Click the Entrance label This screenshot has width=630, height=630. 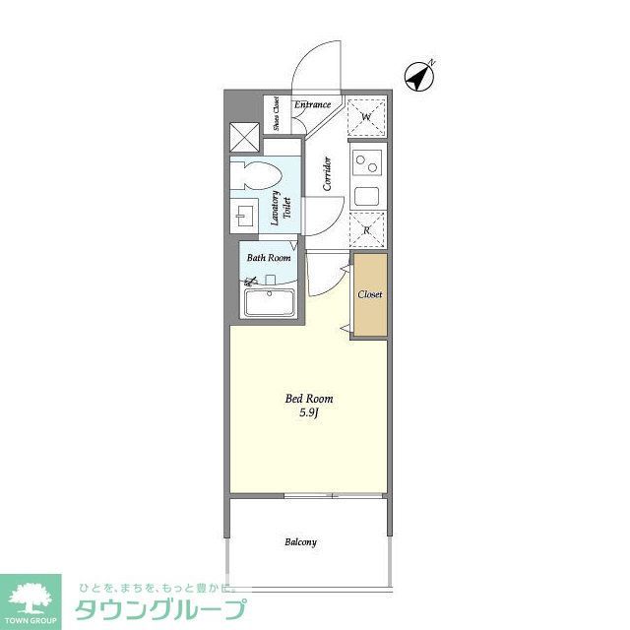[x=314, y=104]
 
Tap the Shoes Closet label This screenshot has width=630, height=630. [x=277, y=114]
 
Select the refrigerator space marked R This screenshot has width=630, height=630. [x=366, y=230]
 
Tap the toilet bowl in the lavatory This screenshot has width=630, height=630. [x=255, y=176]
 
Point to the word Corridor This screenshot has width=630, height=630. [x=326, y=174]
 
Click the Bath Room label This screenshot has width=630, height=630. [x=269, y=258]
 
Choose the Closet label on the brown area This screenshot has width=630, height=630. [x=370, y=294]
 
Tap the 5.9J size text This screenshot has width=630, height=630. [x=309, y=414]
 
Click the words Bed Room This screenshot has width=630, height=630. [x=309, y=399]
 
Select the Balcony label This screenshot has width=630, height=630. [x=300, y=542]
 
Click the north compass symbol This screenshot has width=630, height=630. [x=421, y=76]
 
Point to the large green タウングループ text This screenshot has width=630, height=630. [x=161, y=609]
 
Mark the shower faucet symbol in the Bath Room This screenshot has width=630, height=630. [x=250, y=283]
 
